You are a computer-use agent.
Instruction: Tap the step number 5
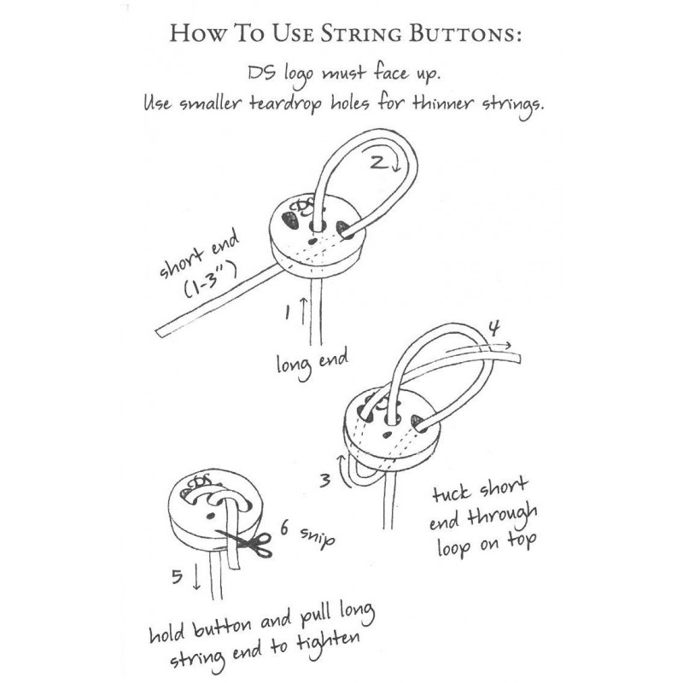coord(177,577)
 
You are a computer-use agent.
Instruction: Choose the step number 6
coord(283,530)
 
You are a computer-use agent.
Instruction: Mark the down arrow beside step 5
coord(196,579)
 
